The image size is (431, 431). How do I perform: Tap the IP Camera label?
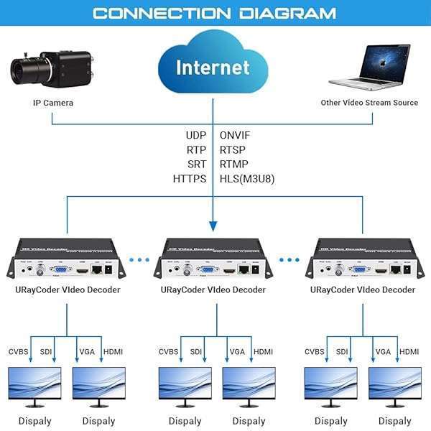tap(53, 103)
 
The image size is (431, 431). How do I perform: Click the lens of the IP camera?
tap(26, 70)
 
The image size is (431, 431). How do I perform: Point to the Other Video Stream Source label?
tap(369, 103)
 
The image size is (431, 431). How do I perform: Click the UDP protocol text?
tap(195, 135)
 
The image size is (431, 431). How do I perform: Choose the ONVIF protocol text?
tap(235, 135)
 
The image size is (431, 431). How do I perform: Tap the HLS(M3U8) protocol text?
tap(247, 178)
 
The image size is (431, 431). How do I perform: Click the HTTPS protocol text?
tap(190, 178)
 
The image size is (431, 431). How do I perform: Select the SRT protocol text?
tap(196, 164)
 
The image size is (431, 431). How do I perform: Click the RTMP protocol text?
tap(235, 164)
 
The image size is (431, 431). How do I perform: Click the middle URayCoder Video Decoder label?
tap(213, 290)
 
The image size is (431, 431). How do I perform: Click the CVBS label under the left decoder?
tap(20, 352)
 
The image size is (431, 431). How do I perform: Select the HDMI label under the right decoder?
tap(409, 352)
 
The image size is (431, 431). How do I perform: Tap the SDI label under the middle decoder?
tap(196, 352)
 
